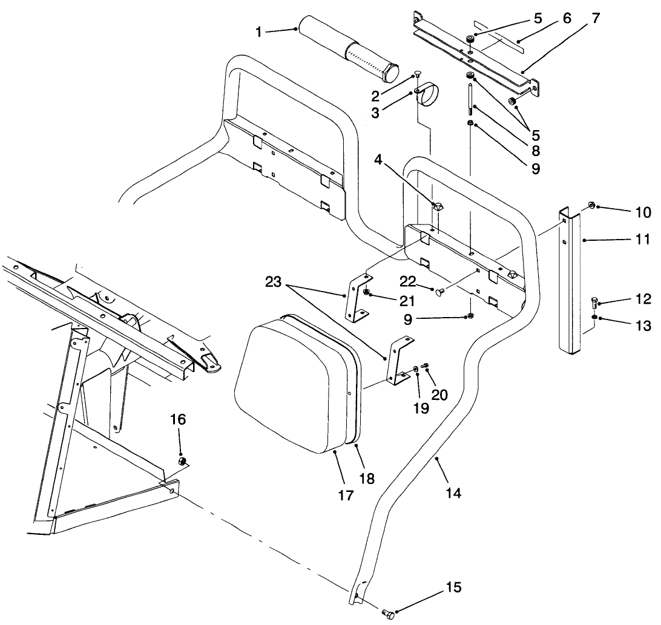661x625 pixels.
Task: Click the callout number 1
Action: click(258, 32)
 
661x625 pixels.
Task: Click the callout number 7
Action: click(596, 18)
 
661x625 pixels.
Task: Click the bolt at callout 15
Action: click(387, 615)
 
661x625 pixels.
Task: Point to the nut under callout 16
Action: click(180, 462)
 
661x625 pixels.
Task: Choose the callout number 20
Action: click(440, 394)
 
